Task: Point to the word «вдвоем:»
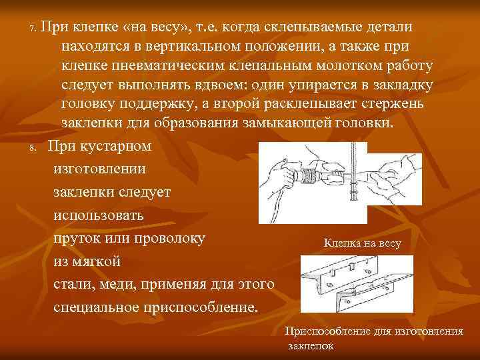(210, 85)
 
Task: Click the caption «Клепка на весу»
(362, 244)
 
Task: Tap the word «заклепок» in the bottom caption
(311, 346)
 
